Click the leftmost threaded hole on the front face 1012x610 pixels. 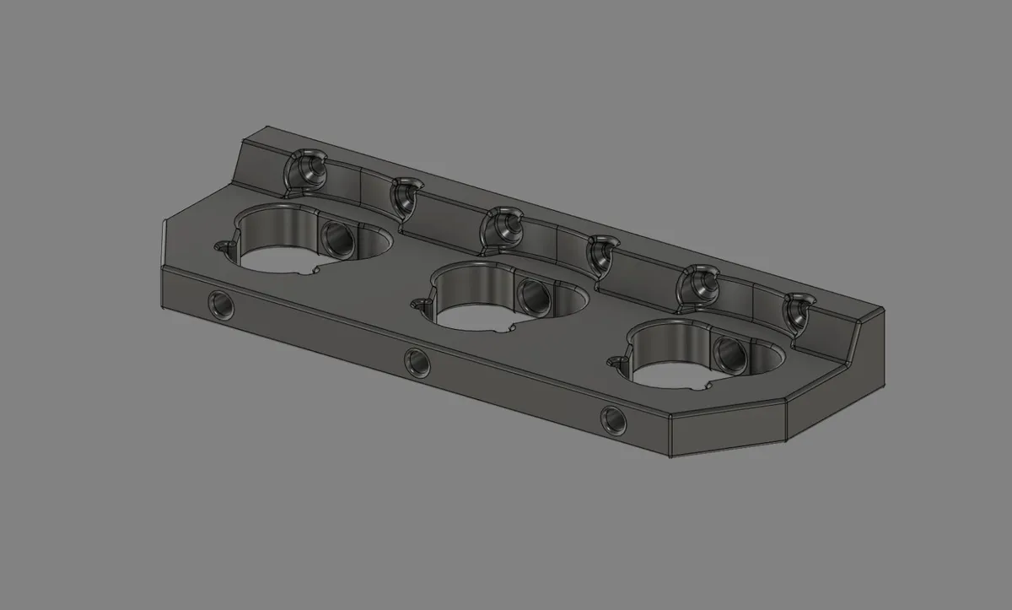click(222, 304)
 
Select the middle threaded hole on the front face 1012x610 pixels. click(417, 363)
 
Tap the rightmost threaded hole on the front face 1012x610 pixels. click(612, 419)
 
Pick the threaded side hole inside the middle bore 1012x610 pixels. click(534, 294)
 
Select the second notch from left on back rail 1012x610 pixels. click(406, 194)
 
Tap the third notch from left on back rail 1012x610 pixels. click(504, 226)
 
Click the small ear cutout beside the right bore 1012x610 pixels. click(616, 363)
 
